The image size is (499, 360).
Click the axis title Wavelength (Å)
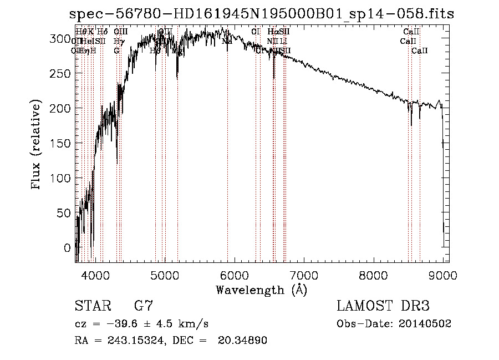pos(261,290)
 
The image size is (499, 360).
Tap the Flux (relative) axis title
pos(37,146)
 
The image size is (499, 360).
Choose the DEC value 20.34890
pos(244,340)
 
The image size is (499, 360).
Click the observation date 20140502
pos(428,323)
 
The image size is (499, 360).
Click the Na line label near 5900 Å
pos(227,41)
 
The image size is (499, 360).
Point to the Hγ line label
pos(118,41)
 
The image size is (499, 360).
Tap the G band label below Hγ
pos(116,50)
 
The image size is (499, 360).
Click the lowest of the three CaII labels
pos(420,50)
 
